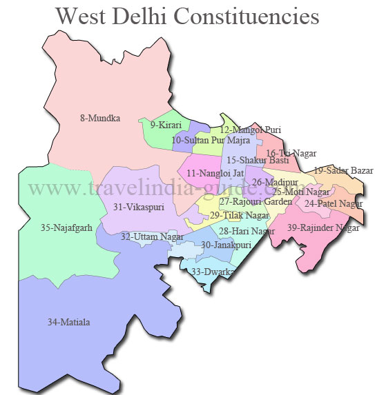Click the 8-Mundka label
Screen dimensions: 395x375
tap(100, 118)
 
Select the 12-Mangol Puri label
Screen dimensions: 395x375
tap(250, 129)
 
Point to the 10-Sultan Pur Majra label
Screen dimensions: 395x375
tap(211, 140)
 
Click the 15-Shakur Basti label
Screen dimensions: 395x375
tap(258, 161)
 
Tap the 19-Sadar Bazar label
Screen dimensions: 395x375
tap(343, 170)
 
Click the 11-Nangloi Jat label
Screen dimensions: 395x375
tap(215, 172)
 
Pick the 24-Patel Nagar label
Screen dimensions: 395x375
tap(333, 203)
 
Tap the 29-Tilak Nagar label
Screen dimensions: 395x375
tap(240, 216)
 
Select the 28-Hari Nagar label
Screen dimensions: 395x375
tap(247, 231)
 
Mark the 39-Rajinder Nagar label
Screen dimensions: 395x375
tap(324, 227)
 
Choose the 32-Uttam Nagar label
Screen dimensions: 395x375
tap(152, 236)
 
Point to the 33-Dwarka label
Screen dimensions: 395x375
tap(213, 272)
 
